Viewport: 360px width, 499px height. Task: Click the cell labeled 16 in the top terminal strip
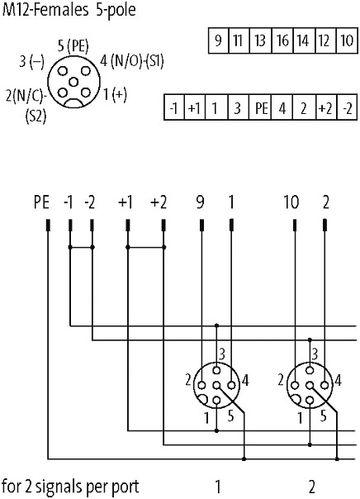tap(282, 40)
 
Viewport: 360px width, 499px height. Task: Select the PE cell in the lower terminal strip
tap(261, 107)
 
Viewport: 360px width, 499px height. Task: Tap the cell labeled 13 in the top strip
tap(260, 40)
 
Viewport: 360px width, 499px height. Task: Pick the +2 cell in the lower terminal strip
tap(325, 107)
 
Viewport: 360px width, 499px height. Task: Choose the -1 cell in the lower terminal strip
tap(173, 107)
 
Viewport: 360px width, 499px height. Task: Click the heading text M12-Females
tap(45, 10)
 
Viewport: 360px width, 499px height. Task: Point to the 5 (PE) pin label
tap(73, 46)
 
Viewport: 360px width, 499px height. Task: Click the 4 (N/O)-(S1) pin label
tap(132, 61)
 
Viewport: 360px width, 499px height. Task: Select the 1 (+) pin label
tap(115, 94)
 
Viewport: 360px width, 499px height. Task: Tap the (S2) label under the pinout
tap(36, 116)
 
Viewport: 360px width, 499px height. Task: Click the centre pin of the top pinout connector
tap(73, 83)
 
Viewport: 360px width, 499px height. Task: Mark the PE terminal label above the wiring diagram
tap(41, 202)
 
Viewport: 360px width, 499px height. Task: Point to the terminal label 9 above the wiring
tap(201, 202)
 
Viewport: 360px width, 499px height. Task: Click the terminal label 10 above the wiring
tap(291, 202)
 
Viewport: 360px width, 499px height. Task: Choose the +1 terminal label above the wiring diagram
tap(126, 202)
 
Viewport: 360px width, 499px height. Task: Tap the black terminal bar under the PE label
tap(49, 225)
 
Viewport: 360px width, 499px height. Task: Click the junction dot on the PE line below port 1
tap(244, 459)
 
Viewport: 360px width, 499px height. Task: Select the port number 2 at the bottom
tap(312, 487)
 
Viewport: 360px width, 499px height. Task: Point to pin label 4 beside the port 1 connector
tap(245, 380)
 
